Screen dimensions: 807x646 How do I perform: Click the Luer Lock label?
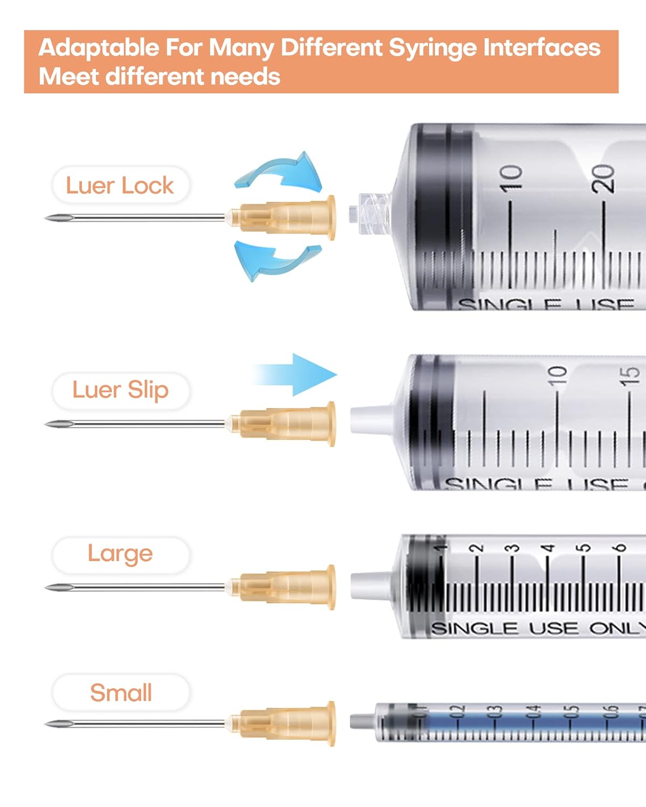pyautogui.click(x=120, y=186)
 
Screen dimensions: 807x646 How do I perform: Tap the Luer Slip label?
pyautogui.click(x=121, y=390)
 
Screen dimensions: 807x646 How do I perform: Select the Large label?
pyautogui.click(x=121, y=554)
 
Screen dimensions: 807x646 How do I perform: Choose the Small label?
pyautogui.click(x=121, y=692)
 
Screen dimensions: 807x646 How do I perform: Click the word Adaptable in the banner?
pyautogui.click(x=99, y=48)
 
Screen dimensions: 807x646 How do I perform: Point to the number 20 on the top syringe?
pyautogui.click(x=603, y=179)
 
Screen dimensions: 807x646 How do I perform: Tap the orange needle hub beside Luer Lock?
pyautogui.click(x=285, y=217)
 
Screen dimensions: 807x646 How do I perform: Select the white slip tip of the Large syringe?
pyautogui.click(x=371, y=585)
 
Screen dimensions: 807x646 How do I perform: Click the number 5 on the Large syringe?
pyautogui.click(x=583, y=548)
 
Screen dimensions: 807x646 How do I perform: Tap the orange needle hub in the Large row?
pyautogui.click(x=285, y=587)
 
